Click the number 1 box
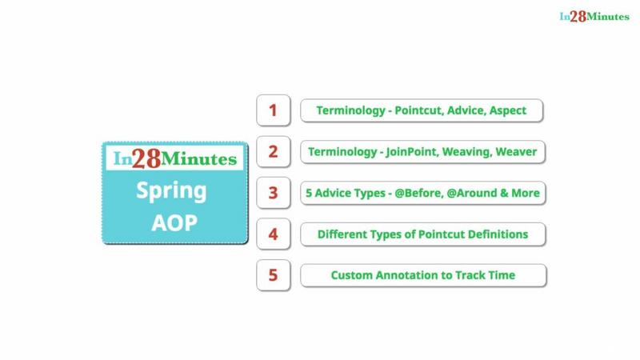[x=274, y=110]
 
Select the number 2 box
[x=274, y=151]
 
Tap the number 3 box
[x=274, y=193]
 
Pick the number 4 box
[x=274, y=234]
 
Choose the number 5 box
[x=274, y=275]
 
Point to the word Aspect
[x=508, y=111]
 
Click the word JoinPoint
[x=412, y=152]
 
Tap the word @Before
[x=418, y=193]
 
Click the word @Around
[x=471, y=193]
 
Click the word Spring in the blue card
[x=171, y=191]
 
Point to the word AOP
[x=174, y=223]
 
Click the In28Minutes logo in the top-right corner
[x=594, y=16]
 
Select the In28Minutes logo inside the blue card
[x=174, y=158]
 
